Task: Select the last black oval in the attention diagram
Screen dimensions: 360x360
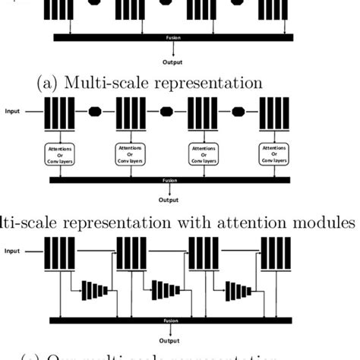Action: [x=238, y=111]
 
